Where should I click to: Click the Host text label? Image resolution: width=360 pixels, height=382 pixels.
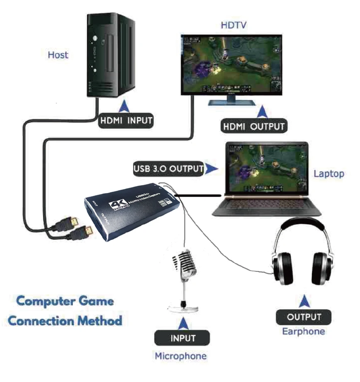(58, 54)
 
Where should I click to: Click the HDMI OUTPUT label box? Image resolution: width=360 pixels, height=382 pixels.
(254, 126)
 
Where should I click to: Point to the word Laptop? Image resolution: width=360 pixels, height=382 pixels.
(329, 173)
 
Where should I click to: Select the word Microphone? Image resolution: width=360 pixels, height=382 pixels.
(180, 356)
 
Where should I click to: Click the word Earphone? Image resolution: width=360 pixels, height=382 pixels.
(303, 331)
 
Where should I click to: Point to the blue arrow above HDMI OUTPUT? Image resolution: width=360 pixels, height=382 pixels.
(262, 112)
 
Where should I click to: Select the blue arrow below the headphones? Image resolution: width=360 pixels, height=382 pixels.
(305, 300)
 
